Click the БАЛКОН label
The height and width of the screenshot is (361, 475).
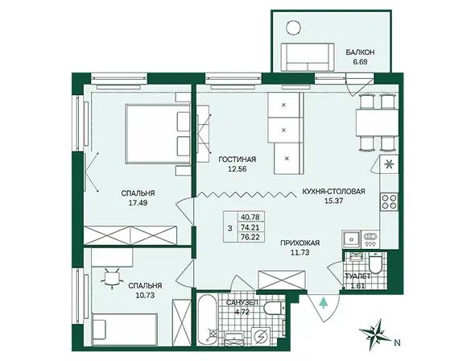(x=360, y=52)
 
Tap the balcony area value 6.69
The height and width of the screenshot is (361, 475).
(x=360, y=62)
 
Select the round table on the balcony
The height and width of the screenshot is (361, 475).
(x=294, y=27)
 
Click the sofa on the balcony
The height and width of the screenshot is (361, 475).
(x=308, y=57)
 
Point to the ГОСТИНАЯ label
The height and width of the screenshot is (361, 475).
(x=237, y=160)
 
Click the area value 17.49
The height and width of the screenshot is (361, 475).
(x=138, y=203)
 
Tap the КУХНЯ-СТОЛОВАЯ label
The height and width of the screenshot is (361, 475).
(x=333, y=192)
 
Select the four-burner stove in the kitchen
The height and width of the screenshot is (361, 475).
(x=390, y=201)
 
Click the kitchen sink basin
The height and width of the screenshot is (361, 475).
(x=351, y=239)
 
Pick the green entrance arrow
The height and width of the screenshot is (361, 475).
(x=324, y=303)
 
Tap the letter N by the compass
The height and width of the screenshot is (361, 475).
(x=398, y=343)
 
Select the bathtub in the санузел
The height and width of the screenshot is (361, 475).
(x=207, y=319)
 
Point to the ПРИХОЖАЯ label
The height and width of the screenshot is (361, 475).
(x=300, y=243)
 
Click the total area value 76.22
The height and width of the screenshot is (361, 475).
(x=250, y=237)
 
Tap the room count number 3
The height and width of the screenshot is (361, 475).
(x=230, y=228)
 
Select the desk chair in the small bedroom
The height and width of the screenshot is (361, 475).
(x=111, y=278)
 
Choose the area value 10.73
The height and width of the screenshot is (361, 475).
(x=145, y=295)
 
